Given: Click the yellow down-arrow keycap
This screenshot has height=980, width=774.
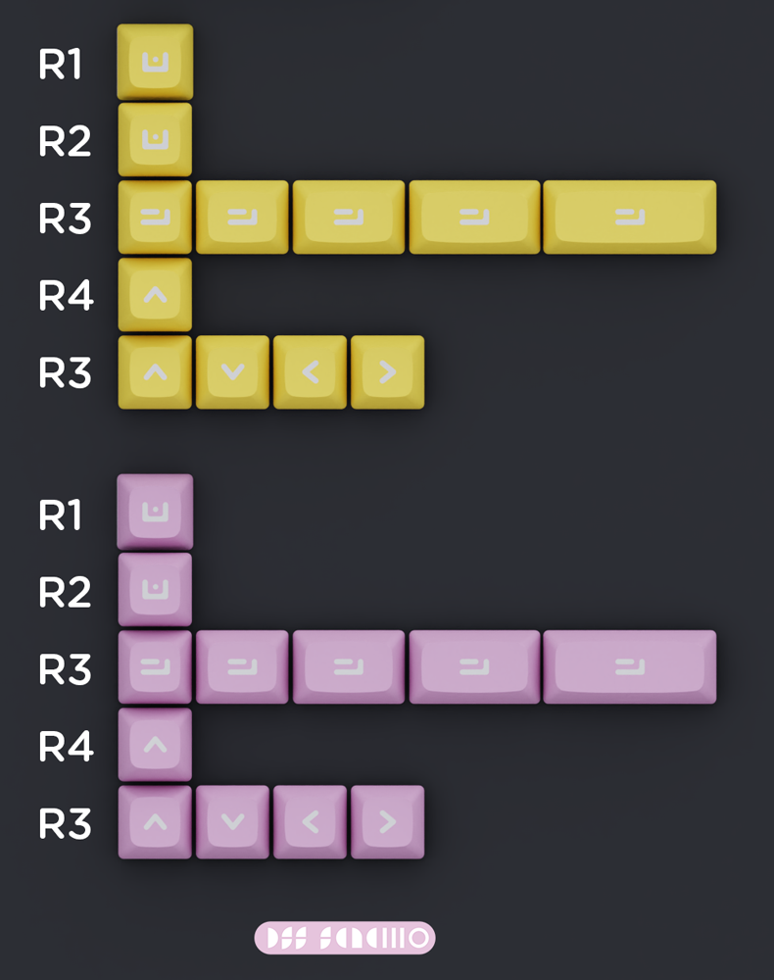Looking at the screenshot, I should (232, 372).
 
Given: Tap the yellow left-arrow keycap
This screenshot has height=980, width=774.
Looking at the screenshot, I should (310, 372).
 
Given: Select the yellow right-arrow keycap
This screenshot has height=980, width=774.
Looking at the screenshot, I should (387, 372).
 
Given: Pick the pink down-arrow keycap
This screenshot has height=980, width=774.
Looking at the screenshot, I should (232, 822).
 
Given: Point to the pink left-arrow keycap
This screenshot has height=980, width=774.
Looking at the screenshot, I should (310, 822).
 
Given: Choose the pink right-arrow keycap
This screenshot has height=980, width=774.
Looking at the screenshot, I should (387, 822).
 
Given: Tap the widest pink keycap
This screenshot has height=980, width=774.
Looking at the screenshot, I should (630, 667).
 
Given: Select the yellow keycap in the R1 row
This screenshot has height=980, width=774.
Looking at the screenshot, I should (155, 62).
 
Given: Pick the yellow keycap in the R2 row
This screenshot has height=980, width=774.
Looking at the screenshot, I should (155, 139).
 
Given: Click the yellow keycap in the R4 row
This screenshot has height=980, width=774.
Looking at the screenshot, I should (155, 294).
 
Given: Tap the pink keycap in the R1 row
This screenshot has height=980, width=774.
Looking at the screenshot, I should (155, 512).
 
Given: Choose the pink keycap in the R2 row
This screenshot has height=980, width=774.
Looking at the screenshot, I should (155, 589).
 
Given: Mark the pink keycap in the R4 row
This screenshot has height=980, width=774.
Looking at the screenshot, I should (155, 745).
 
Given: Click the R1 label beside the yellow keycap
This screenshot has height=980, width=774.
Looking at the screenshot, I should (61, 65).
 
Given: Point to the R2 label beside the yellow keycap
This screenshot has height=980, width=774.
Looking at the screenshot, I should (65, 142).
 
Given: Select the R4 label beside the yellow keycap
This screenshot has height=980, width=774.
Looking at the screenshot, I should (66, 296).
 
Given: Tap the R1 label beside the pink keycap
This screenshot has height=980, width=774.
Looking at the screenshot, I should (61, 514).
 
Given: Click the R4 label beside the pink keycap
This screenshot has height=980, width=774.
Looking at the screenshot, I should (66, 747).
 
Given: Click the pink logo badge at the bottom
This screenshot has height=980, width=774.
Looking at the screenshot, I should (345, 938).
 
